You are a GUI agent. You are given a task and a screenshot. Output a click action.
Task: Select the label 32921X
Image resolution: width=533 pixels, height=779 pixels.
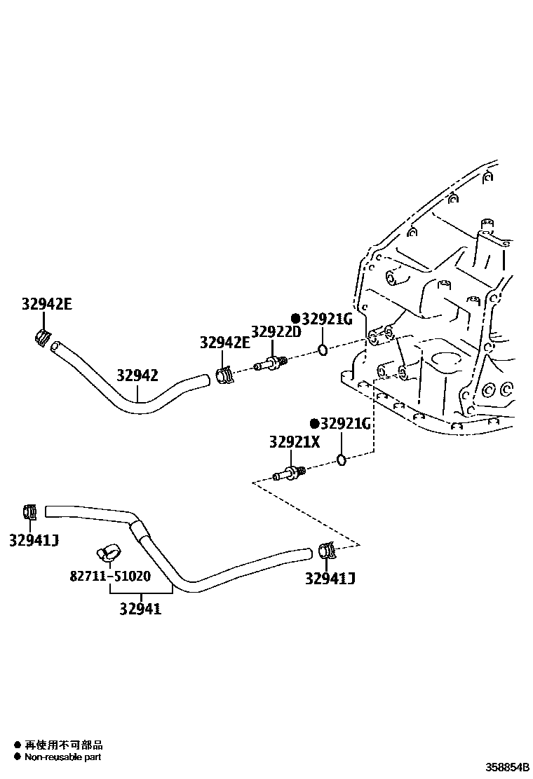pyautogui.click(x=294, y=442)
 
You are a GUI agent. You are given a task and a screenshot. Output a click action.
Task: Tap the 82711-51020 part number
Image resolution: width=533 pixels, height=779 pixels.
pyautogui.click(x=109, y=577)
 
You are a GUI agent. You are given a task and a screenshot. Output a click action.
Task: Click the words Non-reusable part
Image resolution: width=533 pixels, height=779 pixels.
pyautogui.click(x=63, y=757)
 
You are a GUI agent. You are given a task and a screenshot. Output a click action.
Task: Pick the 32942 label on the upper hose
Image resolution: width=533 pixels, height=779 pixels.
pyautogui.click(x=137, y=375)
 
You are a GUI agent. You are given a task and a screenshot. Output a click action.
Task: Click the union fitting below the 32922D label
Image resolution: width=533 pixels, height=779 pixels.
pyautogui.click(x=271, y=363)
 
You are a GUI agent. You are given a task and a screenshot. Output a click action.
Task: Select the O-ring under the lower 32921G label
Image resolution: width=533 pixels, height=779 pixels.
pyautogui.click(x=341, y=460)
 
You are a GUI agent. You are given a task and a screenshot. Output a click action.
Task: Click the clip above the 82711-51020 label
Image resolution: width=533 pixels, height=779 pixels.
pyautogui.click(x=109, y=553)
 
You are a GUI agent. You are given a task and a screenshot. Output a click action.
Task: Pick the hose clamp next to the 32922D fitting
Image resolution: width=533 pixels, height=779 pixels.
pyautogui.click(x=224, y=375)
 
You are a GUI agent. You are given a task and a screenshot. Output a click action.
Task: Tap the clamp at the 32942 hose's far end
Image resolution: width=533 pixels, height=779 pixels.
pyautogui.click(x=43, y=338)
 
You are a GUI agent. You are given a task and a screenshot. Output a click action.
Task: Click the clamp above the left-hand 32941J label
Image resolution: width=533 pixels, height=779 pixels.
pyautogui.click(x=29, y=512)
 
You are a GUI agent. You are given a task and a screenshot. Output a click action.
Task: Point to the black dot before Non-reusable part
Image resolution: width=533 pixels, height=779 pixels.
pyautogui.click(x=16, y=757)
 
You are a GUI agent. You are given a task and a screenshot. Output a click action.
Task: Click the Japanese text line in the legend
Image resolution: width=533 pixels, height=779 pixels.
pyautogui.click(x=63, y=745)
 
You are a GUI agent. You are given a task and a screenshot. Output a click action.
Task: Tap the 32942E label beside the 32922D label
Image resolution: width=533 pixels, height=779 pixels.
pyautogui.click(x=224, y=343)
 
